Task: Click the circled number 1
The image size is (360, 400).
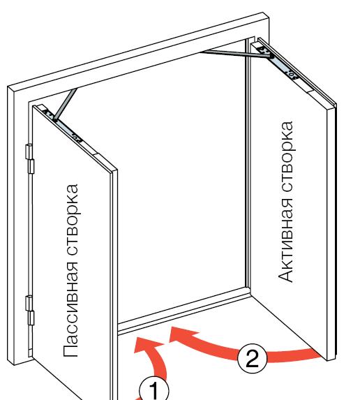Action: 154,390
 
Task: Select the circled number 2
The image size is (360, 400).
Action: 252,358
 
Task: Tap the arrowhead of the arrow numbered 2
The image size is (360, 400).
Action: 181,334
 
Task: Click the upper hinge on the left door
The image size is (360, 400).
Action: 30,158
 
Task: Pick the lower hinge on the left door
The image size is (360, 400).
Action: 30,311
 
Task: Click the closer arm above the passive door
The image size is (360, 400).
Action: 66,104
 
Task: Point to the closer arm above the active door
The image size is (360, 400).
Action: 235,54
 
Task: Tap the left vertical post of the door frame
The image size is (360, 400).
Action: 19,225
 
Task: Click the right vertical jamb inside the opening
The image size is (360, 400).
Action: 248,163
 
